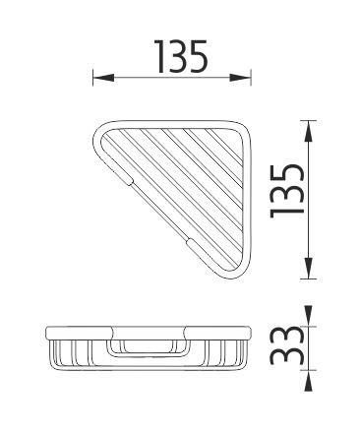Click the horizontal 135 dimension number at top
click(x=181, y=56)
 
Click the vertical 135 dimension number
click(x=286, y=191)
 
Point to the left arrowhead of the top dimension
click(x=103, y=78)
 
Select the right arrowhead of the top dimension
click(x=240, y=78)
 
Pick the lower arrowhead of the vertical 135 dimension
click(x=308, y=268)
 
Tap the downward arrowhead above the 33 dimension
click(x=308, y=316)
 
